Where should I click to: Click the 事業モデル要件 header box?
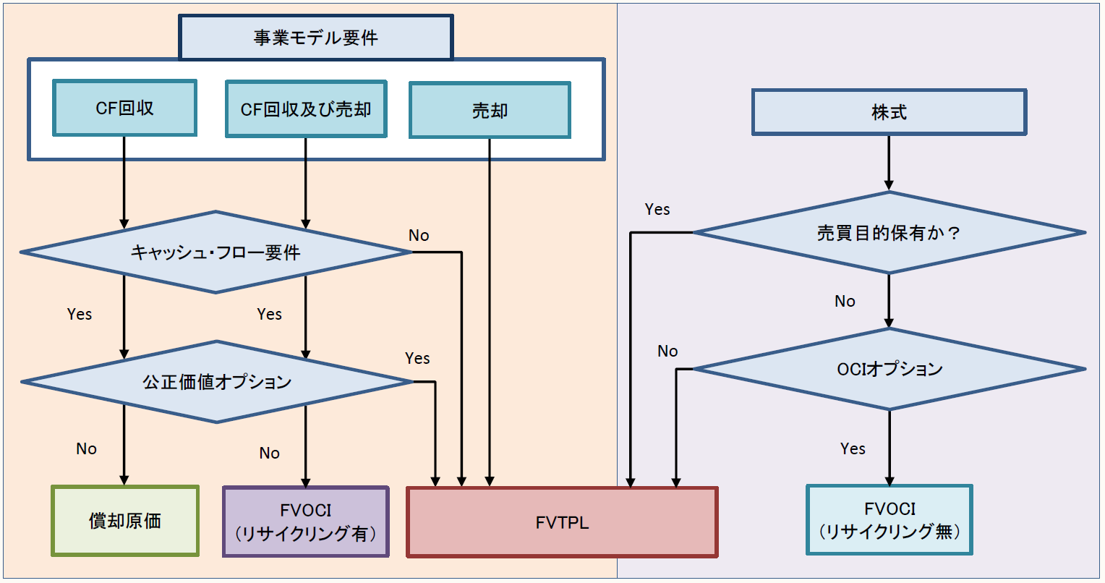[315, 38]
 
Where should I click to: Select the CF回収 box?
[124, 108]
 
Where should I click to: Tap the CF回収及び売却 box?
[306, 109]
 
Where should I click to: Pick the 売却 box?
[490, 111]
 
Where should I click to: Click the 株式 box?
[889, 112]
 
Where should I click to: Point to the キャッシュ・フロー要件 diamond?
[216, 252]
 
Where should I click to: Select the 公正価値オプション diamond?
[216, 382]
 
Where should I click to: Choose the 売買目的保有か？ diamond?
[889, 233]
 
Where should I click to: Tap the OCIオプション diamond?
[889, 369]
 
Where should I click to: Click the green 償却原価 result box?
[125, 521]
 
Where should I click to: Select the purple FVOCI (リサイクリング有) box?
[306, 522]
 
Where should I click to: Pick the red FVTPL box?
[562, 522]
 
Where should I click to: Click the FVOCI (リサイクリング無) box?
[889, 520]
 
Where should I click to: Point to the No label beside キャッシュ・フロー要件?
[419, 235]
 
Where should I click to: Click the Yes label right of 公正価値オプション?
[417, 358]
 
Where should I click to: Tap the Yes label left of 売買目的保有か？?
[657, 209]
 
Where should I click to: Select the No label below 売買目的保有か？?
[845, 301]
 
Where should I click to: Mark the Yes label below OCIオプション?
[853, 448]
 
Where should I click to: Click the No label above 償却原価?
[86, 448]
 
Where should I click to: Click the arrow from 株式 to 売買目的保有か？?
[889, 163]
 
